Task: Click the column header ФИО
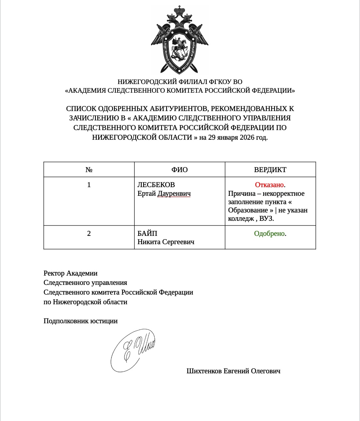click(x=180, y=169)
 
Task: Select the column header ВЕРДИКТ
click(x=270, y=169)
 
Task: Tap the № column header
click(x=89, y=169)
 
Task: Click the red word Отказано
click(x=269, y=185)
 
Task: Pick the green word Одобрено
click(x=269, y=234)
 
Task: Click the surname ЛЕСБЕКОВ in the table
click(x=156, y=185)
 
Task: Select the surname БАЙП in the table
click(x=147, y=234)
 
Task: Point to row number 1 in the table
click(x=89, y=185)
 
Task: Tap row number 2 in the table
click(x=89, y=234)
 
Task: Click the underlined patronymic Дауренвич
click(x=174, y=193)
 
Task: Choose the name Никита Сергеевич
click(x=166, y=242)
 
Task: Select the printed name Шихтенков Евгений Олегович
click(x=233, y=371)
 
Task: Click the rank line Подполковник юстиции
click(x=80, y=321)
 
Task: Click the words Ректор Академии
click(x=70, y=273)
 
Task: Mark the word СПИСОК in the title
click(x=81, y=109)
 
